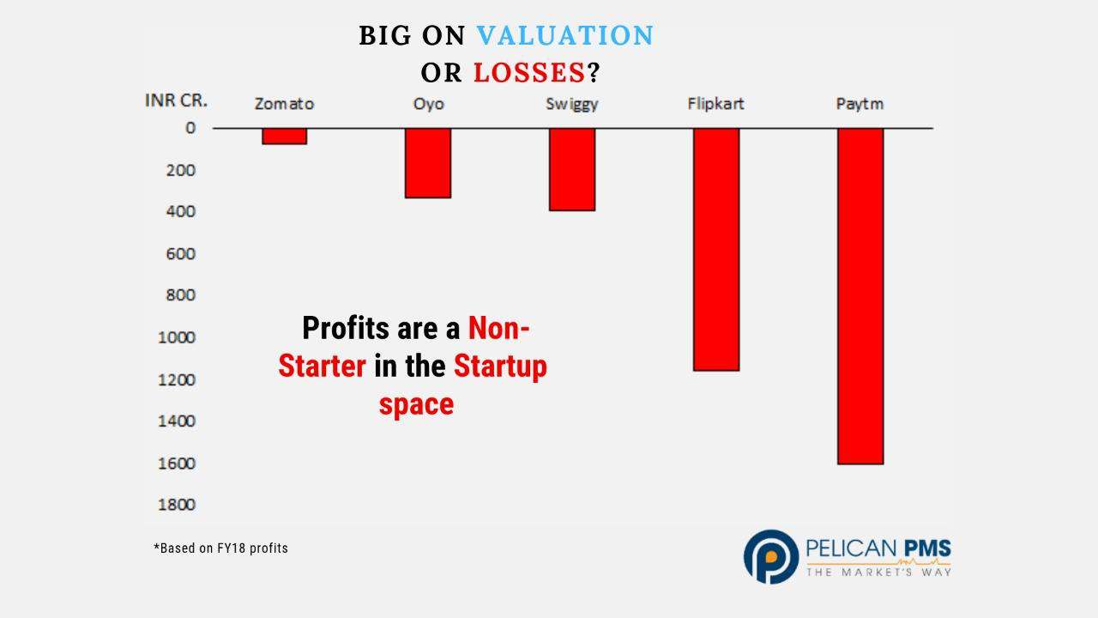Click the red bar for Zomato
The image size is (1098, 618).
284,136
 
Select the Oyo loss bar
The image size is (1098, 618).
428,163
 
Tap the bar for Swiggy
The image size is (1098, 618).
572,170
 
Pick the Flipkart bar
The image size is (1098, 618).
716,250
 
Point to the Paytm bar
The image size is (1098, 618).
860,296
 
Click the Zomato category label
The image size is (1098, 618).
284,104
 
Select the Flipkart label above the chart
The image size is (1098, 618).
715,104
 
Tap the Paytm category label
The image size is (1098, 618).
860,105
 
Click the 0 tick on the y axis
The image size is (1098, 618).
190,128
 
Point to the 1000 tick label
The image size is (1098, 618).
177,337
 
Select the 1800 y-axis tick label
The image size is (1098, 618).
177,505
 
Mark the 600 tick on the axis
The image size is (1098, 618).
180,254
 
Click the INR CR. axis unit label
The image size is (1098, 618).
176,100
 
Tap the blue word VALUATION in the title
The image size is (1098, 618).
565,35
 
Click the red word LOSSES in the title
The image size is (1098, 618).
529,73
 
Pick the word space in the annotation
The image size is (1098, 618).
416,404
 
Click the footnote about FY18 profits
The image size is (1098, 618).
221,548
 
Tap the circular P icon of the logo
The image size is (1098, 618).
771,557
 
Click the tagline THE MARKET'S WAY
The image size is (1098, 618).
879,573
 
